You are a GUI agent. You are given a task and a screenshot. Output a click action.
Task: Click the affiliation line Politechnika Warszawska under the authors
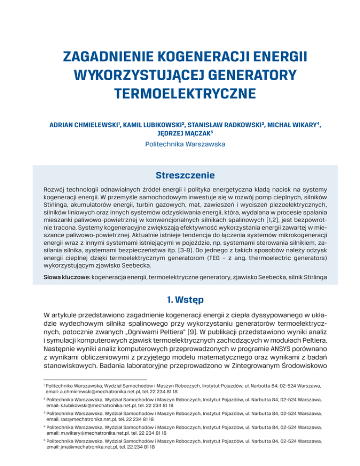tap(180, 145)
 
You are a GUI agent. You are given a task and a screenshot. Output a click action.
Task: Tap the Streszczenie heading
tap(180, 176)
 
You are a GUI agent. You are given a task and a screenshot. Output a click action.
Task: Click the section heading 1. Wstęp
tap(180, 298)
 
